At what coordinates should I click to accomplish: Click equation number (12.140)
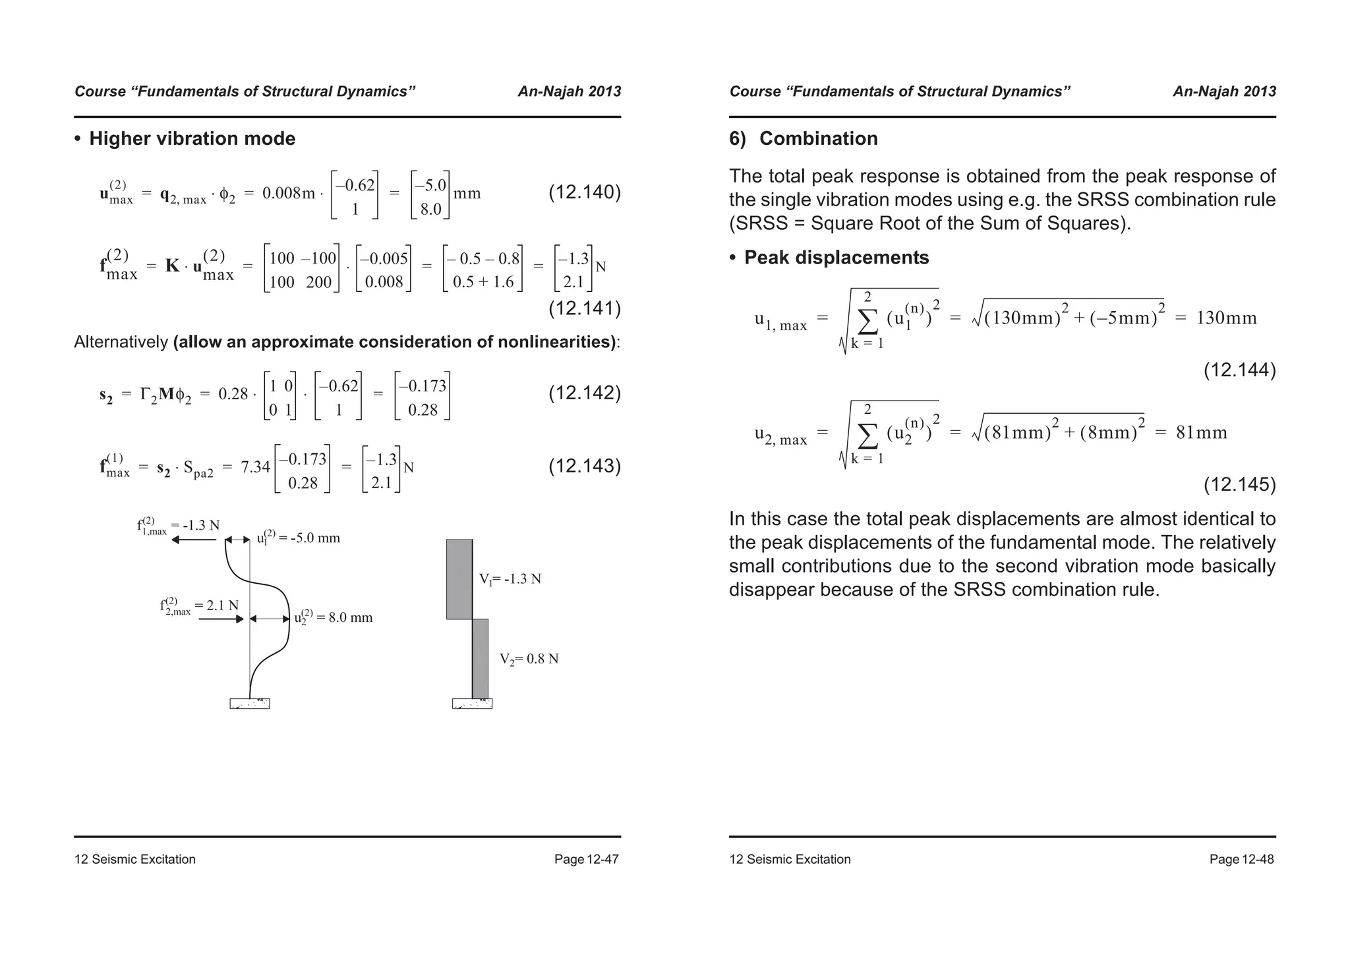tap(585, 192)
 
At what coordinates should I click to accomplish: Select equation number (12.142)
tap(585, 393)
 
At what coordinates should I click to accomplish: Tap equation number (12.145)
tap(1239, 485)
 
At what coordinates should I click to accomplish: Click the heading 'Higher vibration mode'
tap(192, 139)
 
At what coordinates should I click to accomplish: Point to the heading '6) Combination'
tap(803, 139)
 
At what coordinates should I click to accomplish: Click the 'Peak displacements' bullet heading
tap(836, 258)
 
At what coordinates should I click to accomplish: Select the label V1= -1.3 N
tap(510, 579)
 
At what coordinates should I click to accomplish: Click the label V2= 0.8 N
tap(528, 659)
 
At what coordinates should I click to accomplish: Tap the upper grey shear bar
tap(459, 579)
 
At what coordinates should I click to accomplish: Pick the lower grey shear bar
tap(481, 658)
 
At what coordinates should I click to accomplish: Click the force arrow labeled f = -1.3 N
tap(194, 540)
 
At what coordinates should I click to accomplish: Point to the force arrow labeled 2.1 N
tap(221, 619)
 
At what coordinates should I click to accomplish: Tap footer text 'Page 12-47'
tap(586, 859)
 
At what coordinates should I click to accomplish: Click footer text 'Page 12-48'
tap(1241, 859)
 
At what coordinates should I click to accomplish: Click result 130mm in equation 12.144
tap(1226, 318)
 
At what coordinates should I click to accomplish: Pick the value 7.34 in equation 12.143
tap(255, 467)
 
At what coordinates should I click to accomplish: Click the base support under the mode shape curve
tap(250, 704)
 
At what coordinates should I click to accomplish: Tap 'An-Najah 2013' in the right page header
tap(1224, 92)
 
